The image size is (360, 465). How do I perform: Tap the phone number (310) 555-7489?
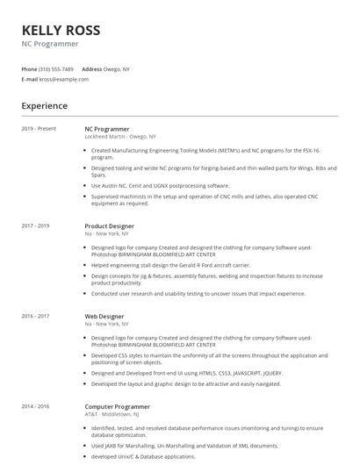coord(57,68)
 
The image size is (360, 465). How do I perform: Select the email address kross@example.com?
coord(64,79)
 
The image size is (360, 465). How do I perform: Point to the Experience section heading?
coord(45,106)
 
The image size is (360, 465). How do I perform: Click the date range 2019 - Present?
coord(39,129)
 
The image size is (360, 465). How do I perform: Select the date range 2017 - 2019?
coord(36,225)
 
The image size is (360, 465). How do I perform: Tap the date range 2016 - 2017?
coord(36,316)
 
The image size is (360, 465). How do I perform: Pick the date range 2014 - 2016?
coord(36,406)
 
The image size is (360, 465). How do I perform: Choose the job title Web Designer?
coord(104,316)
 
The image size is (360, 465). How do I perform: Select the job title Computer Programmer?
coord(118,406)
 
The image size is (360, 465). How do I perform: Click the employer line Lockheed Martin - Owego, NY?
coord(120,137)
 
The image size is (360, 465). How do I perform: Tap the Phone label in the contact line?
coord(29,68)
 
